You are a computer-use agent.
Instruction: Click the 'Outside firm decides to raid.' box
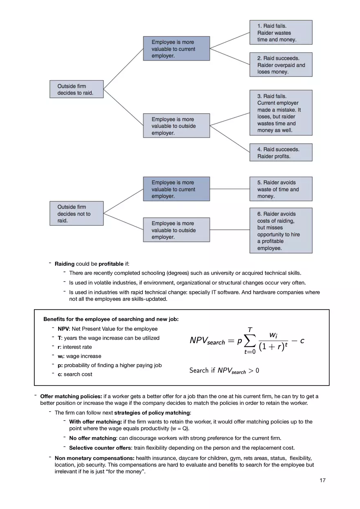[x=76, y=89]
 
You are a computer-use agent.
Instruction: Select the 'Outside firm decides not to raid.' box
[x=76, y=213]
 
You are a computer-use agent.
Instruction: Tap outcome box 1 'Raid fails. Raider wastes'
[x=281, y=33]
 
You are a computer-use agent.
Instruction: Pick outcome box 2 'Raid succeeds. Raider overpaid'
[x=281, y=65]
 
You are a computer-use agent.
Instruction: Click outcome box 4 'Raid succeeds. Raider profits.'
[x=281, y=152]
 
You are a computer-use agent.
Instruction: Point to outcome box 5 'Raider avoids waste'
[x=281, y=189]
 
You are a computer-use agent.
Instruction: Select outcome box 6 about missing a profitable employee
[x=281, y=231]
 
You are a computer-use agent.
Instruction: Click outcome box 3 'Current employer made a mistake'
[x=281, y=113]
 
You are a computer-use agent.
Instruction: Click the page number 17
[x=322, y=480]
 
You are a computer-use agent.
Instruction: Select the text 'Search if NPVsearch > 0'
[x=224, y=370]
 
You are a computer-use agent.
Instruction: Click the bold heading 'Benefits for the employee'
[x=111, y=319]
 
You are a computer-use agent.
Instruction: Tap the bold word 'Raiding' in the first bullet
[x=65, y=264]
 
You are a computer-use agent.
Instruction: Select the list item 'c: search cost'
[x=75, y=374]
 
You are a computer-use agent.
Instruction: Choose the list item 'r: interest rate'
[x=74, y=347]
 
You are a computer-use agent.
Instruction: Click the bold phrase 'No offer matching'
[x=92, y=438]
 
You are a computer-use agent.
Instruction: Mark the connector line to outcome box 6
[x=229, y=230]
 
